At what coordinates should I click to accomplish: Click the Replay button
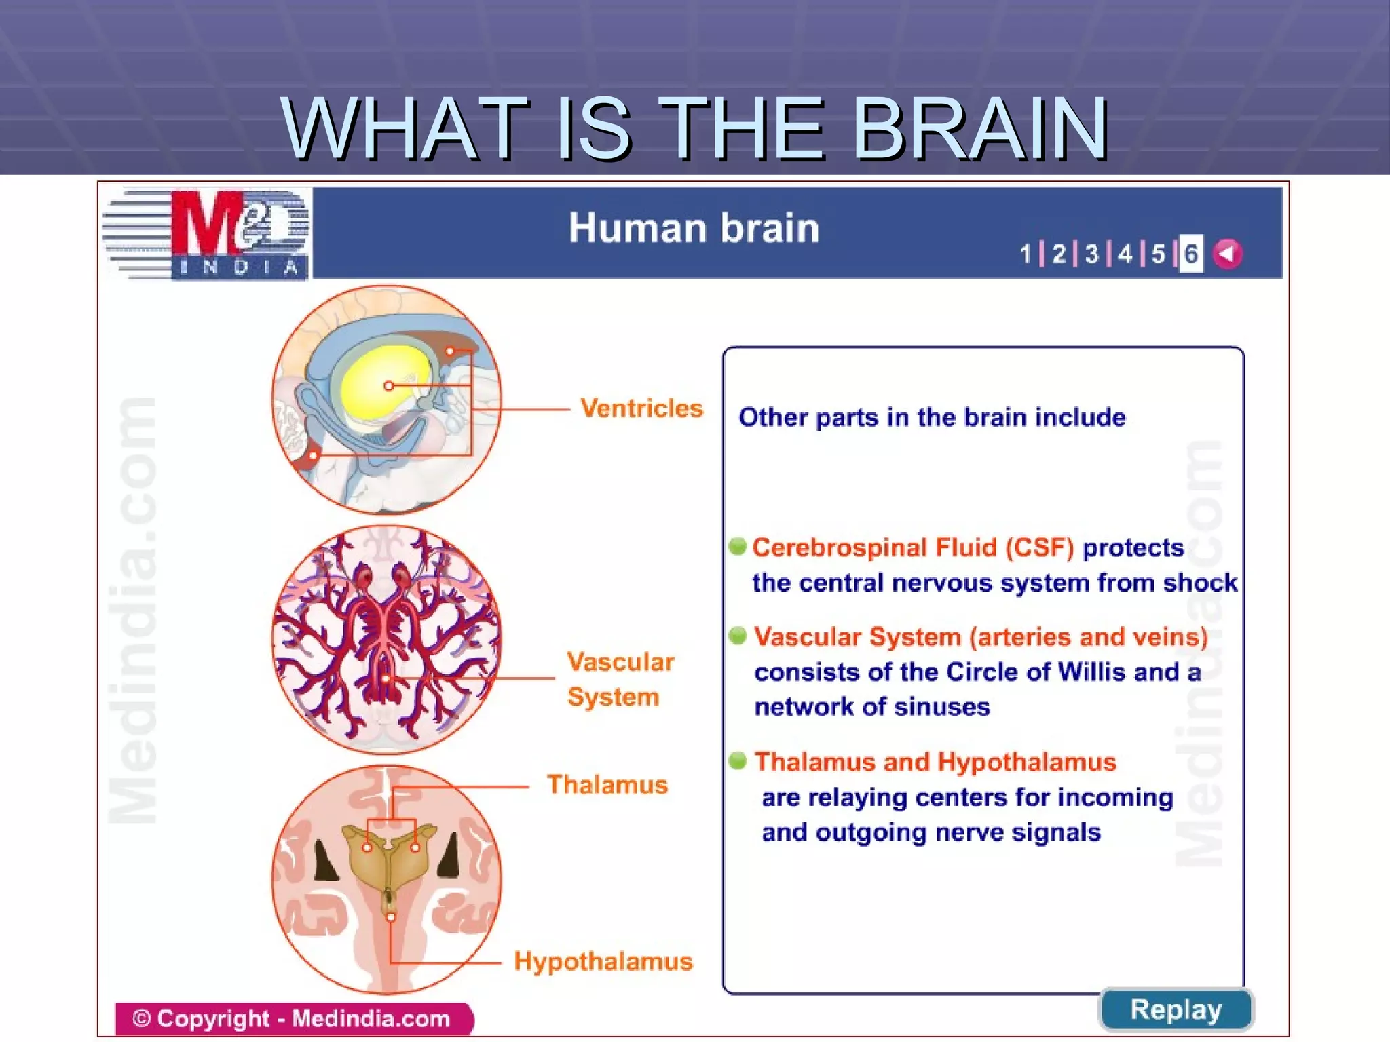pos(1176,1010)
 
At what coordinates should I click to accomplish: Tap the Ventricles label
pos(641,408)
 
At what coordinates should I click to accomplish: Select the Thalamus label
pos(607,785)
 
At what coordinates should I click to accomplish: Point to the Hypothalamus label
pos(603,962)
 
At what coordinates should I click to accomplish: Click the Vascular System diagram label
pos(620,679)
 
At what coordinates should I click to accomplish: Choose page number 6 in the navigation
pos(1191,254)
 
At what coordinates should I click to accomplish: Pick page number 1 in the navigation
pos(1025,254)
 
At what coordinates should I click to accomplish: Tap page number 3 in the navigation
pos(1091,254)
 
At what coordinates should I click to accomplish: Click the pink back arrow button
pos(1228,254)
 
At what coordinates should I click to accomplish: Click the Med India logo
pos(207,233)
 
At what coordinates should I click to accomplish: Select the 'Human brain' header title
pos(694,228)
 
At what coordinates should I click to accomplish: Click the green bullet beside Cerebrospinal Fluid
pos(738,546)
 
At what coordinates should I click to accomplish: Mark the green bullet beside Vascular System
pos(738,636)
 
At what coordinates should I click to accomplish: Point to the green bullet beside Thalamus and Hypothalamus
pos(738,761)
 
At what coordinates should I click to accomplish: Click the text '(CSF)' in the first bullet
pos(1040,547)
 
